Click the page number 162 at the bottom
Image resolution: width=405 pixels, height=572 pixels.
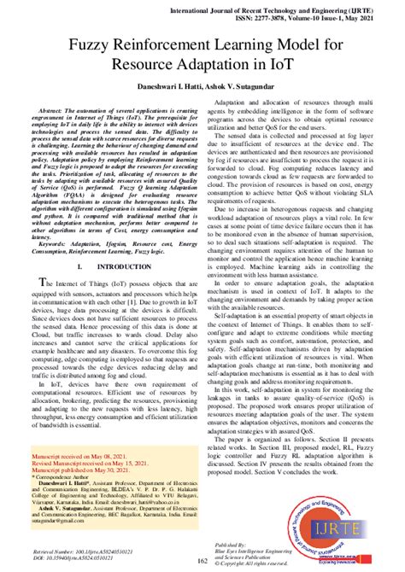coord(202,560)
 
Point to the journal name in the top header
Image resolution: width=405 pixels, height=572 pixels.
coord(272,7)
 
